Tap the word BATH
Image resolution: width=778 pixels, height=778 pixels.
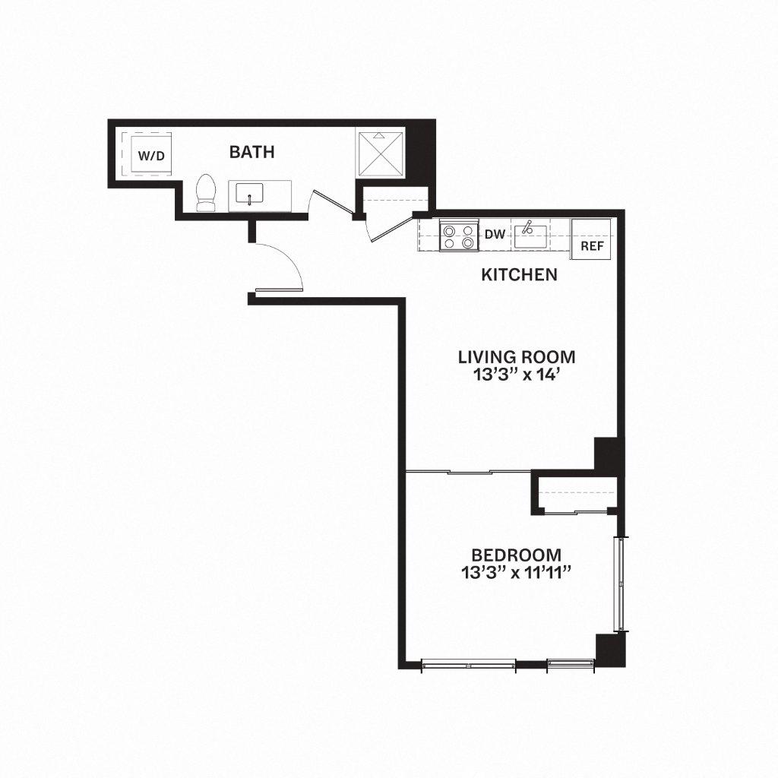(x=251, y=152)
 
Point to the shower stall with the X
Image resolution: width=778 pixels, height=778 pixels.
(x=382, y=155)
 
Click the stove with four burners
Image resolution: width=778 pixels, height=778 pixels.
(x=459, y=236)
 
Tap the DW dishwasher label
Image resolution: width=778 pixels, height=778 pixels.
(x=495, y=235)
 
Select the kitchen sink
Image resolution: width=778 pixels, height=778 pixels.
(x=529, y=236)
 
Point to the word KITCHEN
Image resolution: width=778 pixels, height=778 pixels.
(x=520, y=274)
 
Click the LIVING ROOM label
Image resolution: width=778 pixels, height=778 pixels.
(x=516, y=356)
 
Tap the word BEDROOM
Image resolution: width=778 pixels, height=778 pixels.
(x=516, y=555)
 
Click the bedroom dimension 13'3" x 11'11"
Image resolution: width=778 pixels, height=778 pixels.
(x=516, y=573)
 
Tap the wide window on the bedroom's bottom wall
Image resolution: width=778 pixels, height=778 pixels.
(x=468, y=664)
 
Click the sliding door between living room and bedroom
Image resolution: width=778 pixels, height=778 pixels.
(x=468, y=473)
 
